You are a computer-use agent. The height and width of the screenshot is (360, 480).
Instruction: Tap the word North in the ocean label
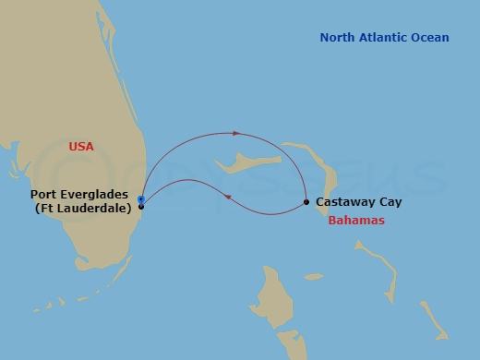[338, 38]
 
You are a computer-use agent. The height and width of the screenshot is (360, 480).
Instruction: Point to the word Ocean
[432, 38]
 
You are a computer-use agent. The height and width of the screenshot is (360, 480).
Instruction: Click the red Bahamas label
[356, 222]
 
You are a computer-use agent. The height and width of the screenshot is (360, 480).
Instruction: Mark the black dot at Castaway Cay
[306, 202]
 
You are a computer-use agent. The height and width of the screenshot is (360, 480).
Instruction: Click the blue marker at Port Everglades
[140, 199]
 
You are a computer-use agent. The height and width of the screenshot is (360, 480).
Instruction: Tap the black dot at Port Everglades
[141, 206]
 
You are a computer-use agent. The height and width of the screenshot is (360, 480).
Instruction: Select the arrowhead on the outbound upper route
[237, 133]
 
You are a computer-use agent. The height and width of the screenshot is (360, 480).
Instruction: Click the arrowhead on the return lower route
[227, 195]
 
